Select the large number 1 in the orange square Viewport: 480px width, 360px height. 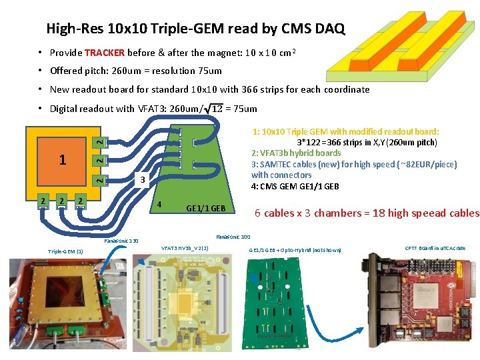click(x=63, y=160)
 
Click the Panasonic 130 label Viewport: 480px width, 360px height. click(x=121, y=240)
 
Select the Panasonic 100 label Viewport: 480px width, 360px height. click(x=233, y=237)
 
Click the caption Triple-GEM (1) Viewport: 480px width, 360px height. click(x=66, y=251)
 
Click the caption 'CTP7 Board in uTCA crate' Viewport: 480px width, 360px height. click(x=435, y=249)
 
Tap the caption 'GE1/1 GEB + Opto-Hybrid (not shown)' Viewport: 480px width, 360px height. click(x=295, y=250)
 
